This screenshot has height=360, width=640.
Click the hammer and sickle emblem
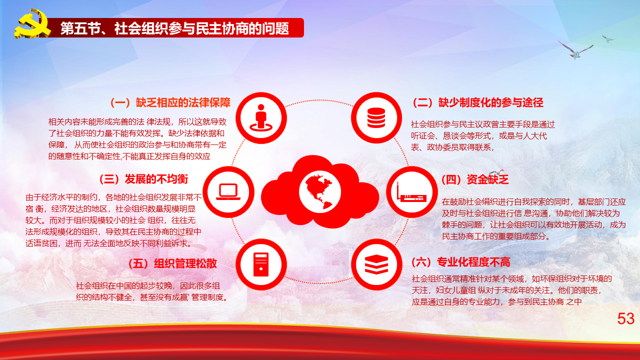coord(32,24)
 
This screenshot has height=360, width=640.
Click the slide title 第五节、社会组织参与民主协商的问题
coord(174,28)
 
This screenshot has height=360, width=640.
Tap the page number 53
coord(625,318)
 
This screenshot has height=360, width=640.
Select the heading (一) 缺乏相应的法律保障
coord(170,102)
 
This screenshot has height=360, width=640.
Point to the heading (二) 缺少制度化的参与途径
coord(477,102)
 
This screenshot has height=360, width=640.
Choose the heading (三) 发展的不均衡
coord(143,179)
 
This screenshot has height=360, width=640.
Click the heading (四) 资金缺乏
coord(475,179)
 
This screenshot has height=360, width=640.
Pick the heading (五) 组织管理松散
coord(172,263)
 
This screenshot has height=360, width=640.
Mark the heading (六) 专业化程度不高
coord(461,262)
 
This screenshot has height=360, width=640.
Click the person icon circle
coord(261,117)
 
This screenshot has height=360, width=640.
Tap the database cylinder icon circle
coord(376,117)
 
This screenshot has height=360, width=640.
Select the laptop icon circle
coord(228,191)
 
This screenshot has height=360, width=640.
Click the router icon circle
coord(411,191)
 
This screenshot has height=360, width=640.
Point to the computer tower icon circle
coord(261,264)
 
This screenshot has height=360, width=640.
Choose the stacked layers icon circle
coord(376,264)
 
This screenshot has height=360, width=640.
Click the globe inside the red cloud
coord(319,191)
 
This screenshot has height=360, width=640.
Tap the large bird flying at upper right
coord(575,50)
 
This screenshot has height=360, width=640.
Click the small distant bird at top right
coord(607,39)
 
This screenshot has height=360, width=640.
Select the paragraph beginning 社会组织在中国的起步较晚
coord(152,291)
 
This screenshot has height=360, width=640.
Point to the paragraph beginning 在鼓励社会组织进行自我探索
coord(533,219)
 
